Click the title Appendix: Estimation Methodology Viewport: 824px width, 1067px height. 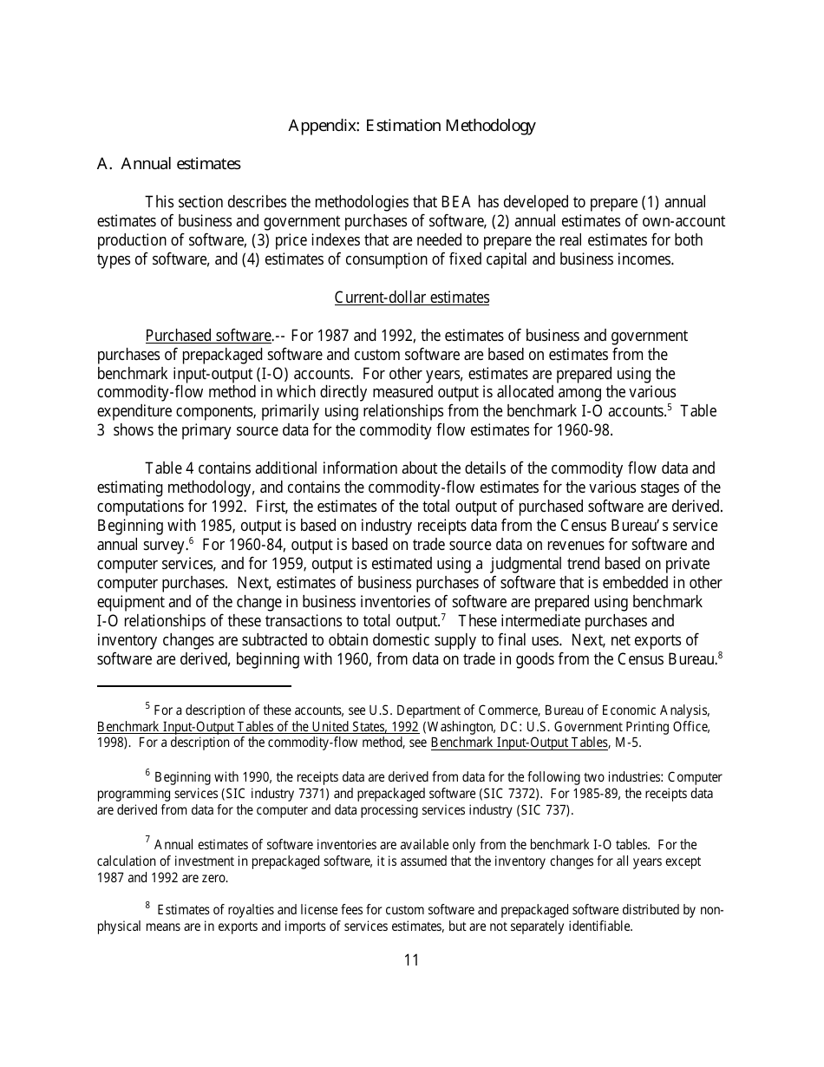point(411,126)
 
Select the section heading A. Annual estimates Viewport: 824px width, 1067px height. point(168,164)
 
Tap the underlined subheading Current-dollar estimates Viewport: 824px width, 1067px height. point(411,298)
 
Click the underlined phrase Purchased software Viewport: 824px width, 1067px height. point(208,336)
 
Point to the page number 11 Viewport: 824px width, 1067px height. point(411,959)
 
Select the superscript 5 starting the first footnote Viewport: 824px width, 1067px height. point(148,707)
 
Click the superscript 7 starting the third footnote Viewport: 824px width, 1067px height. point(148,841)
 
